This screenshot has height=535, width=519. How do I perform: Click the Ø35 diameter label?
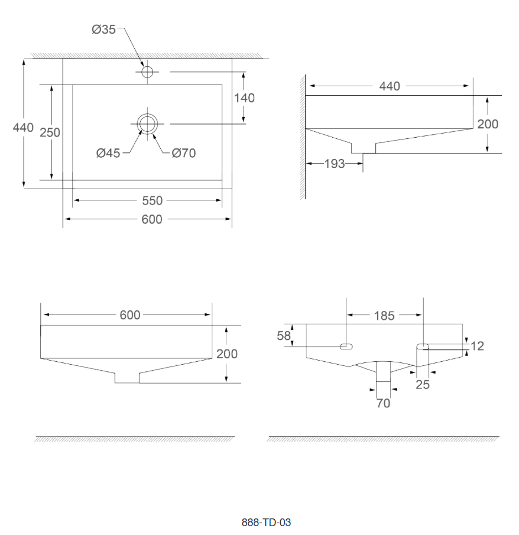[103, 30]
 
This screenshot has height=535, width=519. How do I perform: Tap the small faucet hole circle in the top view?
[147, 72]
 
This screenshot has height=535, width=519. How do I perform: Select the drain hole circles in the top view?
[147, 114]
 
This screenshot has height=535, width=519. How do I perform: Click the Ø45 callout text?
[108, 153]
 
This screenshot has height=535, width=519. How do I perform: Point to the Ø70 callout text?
[184, 153]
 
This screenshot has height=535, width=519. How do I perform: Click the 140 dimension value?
[244, 98]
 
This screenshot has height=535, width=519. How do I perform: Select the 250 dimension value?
[50, 132]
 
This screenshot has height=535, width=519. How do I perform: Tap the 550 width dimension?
[152, 200]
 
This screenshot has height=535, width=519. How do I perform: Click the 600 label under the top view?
[152, 219]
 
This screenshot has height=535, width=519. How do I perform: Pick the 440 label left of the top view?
[23, 128]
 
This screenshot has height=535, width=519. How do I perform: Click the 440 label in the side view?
[390, 86]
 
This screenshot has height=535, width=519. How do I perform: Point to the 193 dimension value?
[335, 164]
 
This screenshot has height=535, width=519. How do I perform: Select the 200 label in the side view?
[488, 124]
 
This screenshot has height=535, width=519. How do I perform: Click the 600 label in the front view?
[130, 315]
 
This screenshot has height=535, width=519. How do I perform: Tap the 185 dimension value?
[384, 316]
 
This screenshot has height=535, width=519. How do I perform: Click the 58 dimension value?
[284, 336]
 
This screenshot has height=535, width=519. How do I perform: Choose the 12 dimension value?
[478, 346]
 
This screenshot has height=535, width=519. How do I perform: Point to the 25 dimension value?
[423, 384]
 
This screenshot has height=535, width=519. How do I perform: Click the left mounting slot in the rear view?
[346, 346]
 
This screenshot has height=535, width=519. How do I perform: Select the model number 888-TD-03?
[266, 523]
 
